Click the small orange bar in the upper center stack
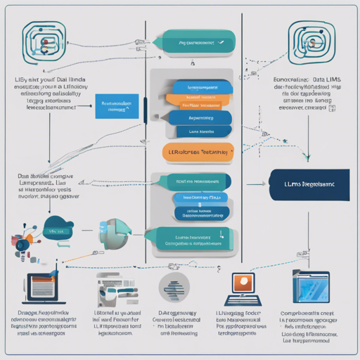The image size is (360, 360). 200,105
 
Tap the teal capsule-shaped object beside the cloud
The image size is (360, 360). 112,231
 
